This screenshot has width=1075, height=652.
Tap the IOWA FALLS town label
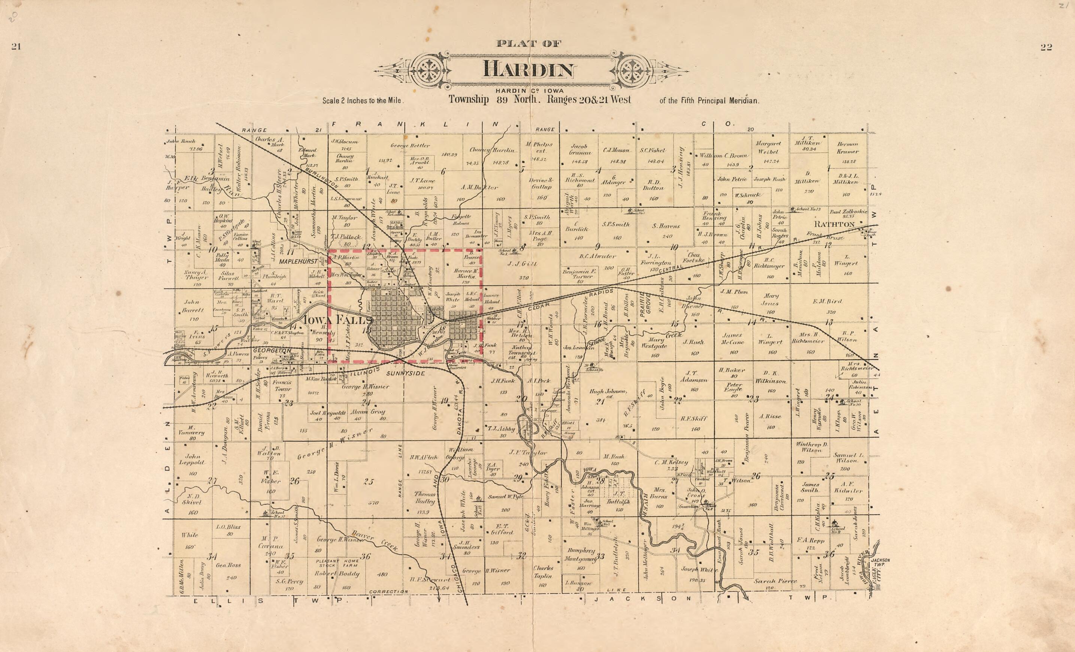(337, 320)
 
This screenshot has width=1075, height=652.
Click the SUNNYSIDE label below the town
(405, 374)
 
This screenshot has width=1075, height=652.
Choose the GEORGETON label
(272, 350)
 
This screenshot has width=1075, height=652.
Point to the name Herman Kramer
(848, 148)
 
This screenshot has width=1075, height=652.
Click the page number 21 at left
(16, 47)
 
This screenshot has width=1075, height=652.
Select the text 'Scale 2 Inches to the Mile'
(363, 101)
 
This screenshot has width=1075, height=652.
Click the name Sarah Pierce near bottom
(775, 581)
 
